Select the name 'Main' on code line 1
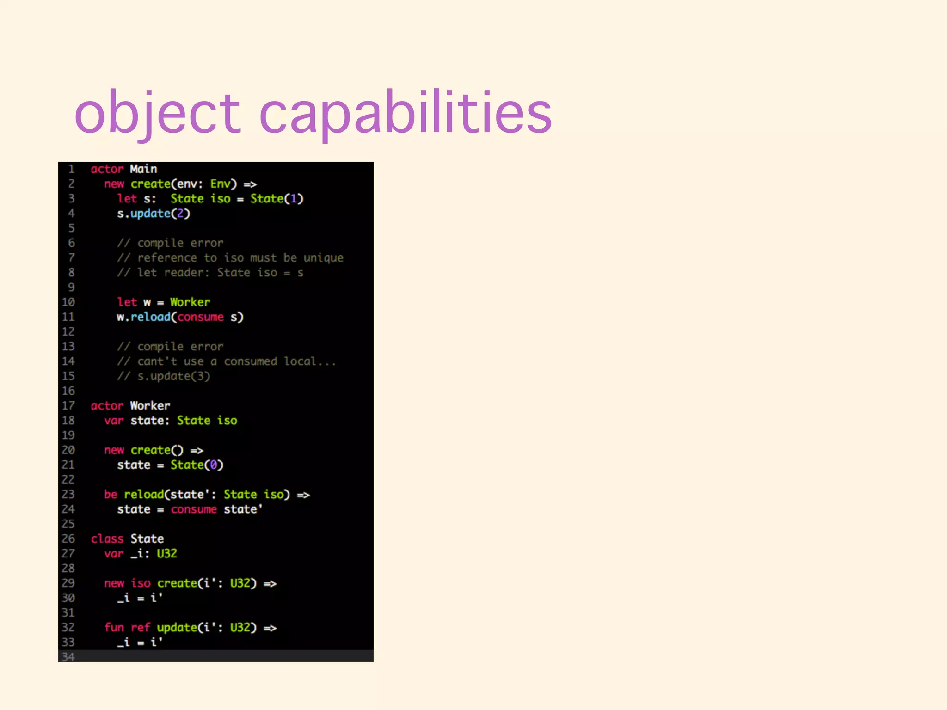(143, 169)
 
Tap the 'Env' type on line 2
(220, 184)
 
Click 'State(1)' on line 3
(277, 199)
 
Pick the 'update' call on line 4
(150, 214)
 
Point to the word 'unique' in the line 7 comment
(323, 258)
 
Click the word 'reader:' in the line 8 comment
(187, 273)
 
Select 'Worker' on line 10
(190, 302)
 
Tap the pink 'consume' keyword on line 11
(200, 317)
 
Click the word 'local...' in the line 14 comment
(310, 361)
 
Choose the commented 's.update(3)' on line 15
(174, 376)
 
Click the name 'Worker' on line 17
(150, 406)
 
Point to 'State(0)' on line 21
(197, 465)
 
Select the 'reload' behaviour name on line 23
(144, 495)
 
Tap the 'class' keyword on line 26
(107, 539)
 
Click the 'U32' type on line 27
(167, 554)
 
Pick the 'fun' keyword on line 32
(114, 628)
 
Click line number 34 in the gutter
(68, 657)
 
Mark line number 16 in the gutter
(68, 391)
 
